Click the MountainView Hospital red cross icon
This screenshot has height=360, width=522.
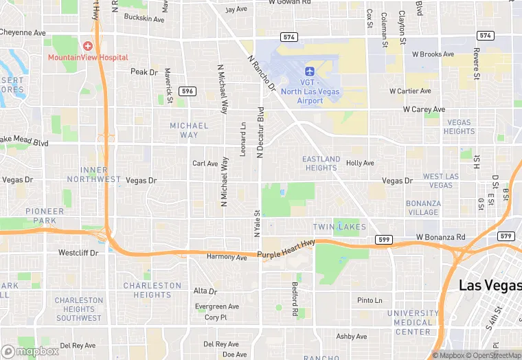pos(87,46)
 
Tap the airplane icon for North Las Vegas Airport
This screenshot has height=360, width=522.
pos(309,71)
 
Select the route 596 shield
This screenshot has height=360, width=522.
pos(187,91)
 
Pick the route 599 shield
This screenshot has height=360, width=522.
pos(384,239)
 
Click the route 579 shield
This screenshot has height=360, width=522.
pos(506,236)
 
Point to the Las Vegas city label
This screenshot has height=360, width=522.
pos(489,286)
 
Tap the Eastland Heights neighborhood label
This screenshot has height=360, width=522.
pos(321,164)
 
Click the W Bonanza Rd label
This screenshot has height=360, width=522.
pos(440,237)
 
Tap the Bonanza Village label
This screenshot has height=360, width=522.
pos(423,207)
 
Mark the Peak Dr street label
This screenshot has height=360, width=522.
pos(144,71)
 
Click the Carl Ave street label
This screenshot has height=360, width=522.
pos(205,164)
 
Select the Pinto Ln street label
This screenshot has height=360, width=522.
pos(370,300)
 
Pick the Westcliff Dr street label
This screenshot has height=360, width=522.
pos(78,253)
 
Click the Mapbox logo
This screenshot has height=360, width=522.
pos(30,351)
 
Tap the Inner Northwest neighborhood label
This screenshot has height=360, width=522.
pos(100,175)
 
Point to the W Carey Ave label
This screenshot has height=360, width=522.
pos(424,109)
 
